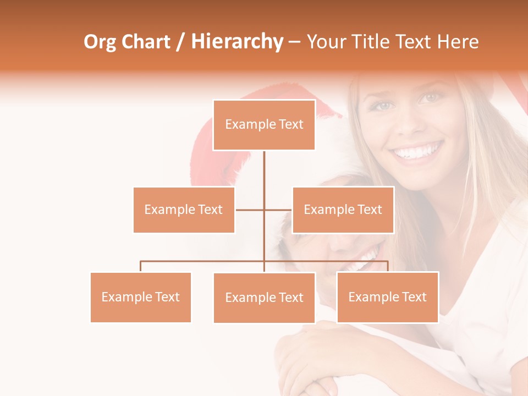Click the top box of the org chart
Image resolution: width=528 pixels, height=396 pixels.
(x=264, y=125)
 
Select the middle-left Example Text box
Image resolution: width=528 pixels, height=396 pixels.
(x=184, y=210)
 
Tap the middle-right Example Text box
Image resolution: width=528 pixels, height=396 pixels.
(x=343, y=210)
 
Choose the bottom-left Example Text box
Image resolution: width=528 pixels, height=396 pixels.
(x=141, y=297)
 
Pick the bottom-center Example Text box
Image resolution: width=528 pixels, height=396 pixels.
(x=264, y=298)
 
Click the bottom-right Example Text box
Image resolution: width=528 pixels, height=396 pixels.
(x=387, y=297)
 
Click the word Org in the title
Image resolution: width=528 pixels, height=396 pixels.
(x=99, y=42)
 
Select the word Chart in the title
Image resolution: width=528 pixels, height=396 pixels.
(x=146, y=42)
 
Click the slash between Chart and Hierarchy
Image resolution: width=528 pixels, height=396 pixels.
(x=180, y=42)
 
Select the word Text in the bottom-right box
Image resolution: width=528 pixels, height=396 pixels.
(x=414, y=297)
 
